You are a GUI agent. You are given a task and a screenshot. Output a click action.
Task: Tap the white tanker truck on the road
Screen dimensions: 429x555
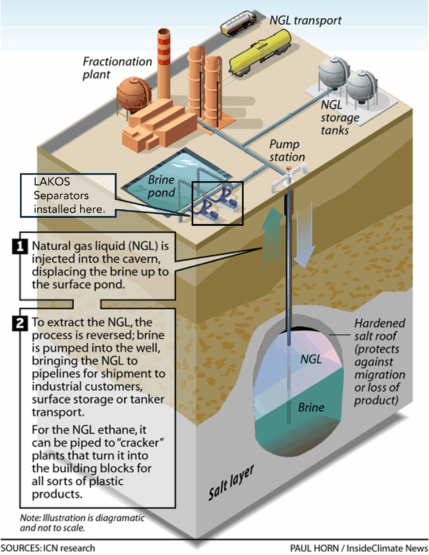pyautogui.click(x=238, y=22)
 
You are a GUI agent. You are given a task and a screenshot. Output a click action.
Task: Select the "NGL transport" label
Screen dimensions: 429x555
pyautogui.click(x=305, y=20)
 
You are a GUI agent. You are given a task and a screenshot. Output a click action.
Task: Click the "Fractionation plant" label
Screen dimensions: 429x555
pyautogui.click(x=117, y=68)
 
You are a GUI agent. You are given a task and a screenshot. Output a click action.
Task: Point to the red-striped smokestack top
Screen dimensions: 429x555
pyautogui.click(x=164, y=46)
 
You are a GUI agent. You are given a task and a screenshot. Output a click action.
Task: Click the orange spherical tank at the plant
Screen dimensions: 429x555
pyautogui.click(x=134, y=95)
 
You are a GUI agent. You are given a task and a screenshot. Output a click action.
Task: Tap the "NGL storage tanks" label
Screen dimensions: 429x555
pyautogui.click(x=340, y=118)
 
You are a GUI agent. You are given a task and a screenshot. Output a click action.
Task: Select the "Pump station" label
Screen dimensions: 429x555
pyautogui.click(x=287, y=150)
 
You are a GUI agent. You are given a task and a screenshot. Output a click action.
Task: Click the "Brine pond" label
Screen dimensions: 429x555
pyautogui.click(x=161, y=186)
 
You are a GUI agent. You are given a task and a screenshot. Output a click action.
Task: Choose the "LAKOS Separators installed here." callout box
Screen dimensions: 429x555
pyautogui.click(x=68, y=195)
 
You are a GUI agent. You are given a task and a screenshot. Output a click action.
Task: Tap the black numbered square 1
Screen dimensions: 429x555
pyautogui.click(x=20, y=246)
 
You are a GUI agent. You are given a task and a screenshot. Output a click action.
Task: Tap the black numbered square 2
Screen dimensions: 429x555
pyautogui.click(x=20, y=322)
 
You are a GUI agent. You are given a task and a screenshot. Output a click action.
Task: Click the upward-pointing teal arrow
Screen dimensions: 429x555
pyautogui.click(x=272, y=240)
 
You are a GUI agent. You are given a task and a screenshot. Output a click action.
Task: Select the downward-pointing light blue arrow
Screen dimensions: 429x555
pyautogui.click(x=305, y=235)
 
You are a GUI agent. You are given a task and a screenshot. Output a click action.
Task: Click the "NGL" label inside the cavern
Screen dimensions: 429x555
pyautogui.click(x=311, y=360)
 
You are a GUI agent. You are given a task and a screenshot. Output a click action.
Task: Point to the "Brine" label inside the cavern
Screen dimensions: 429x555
pyautogui.click(x=311, y=407)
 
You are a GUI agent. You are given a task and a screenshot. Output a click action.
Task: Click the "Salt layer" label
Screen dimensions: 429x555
pyautogui.click(x=231, y=482)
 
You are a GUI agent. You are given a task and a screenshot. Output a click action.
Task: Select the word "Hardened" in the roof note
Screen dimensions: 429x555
pyautogui.click(x=380, y=323)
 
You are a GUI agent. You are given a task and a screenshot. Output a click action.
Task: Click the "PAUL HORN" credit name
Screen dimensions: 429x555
pyautogui.click(x=314, y=548)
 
